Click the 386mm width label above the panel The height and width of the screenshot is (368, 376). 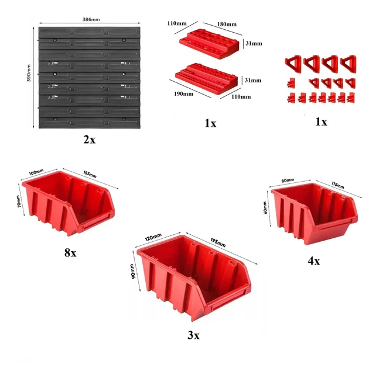(x=91, y=20)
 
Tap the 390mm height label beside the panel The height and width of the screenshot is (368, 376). (x=29, y=73)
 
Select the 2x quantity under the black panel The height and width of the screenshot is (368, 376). (x=90, y=140)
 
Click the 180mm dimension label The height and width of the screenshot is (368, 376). (x=227, y=24)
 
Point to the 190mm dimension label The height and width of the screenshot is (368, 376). (x=184, y=93)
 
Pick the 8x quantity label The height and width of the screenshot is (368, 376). (x=70, y=252)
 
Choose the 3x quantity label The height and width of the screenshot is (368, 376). (x=193, y=335)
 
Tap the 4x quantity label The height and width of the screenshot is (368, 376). (x=314, y=261)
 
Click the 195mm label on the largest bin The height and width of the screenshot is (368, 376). (x=218, y=242)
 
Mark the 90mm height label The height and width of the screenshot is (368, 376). (x=132, y=271)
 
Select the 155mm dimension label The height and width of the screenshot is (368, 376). (x=90, y=174)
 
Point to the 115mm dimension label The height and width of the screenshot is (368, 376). (x=338, y=185)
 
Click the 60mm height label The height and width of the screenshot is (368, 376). (x=265, y=207)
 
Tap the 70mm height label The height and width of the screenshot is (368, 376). (x=18, y=202)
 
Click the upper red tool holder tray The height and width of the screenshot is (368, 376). (x=209, y=44)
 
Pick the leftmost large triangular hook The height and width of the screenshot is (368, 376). (x=293, y=63)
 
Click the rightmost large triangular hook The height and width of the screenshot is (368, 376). (x=348, y=64)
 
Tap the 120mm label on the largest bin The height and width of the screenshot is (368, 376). (x=153, y=237)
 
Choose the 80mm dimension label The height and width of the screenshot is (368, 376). (x=288, y=180)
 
